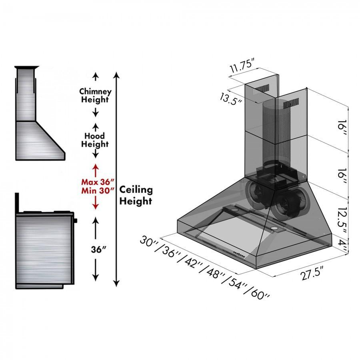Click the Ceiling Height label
pyautogui.click(x=136, y=195)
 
